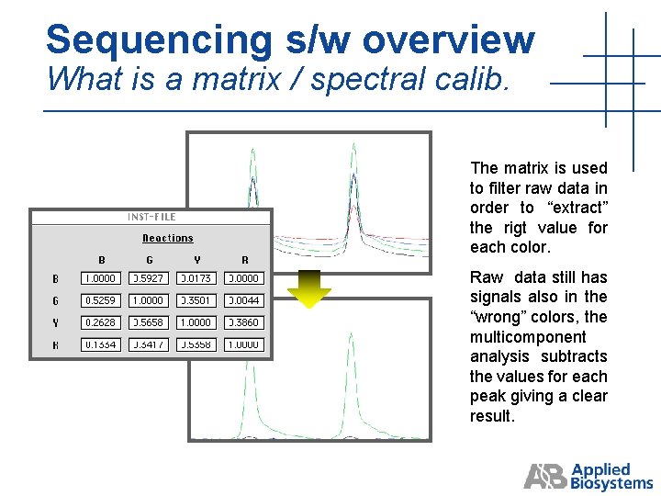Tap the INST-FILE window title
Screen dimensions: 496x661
click(x=151, y=218)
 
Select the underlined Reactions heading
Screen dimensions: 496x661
click(x=168, y=238)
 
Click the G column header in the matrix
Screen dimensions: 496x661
click(x=150, y=260)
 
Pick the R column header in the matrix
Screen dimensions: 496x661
click(x=244, y=260)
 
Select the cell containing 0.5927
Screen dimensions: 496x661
click(x=149, y=278)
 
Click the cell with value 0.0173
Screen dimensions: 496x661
click(x=196, y=278)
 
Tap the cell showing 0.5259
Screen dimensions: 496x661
click(x=101, y=300)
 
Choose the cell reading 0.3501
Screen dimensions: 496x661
click(x=196, y=300)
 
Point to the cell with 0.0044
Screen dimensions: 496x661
click(x=244, y=300)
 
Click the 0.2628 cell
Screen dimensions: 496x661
click(x=101, y=323)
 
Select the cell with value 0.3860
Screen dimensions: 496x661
click(x=244, y=323)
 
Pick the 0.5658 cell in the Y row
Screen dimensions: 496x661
click(x=149, y=323)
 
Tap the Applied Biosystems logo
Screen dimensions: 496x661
click(x=588, y=476)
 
